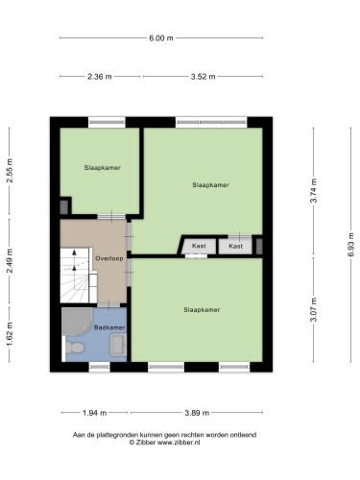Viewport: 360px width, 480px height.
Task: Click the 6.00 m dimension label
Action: [161, 38]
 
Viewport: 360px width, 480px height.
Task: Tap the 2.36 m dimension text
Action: [100, 77]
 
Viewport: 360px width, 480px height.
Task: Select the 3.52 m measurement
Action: [203, 77]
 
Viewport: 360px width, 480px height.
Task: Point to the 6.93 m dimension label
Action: [351, 245]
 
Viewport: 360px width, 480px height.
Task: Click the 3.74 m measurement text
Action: [314, 190]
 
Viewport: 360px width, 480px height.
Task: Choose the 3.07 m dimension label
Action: [314, 309]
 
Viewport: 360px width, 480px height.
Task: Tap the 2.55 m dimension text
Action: [10, 170]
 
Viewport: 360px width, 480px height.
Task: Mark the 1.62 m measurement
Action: [10, 334]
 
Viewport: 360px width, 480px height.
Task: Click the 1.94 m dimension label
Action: [94, 413]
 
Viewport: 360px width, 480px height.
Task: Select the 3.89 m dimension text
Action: [197, 413]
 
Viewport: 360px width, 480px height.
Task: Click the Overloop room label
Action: [109, 258]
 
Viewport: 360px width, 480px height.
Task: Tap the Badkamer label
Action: [109, 327]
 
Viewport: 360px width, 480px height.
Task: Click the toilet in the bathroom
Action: [75, 348]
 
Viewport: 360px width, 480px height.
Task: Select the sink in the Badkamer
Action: [118, 345]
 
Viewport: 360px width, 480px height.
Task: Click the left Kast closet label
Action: [199, 246]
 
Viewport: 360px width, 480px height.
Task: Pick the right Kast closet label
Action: [236, 246]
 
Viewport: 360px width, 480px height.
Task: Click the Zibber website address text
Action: [179, 443]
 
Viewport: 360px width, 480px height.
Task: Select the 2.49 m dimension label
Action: [10, 261]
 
